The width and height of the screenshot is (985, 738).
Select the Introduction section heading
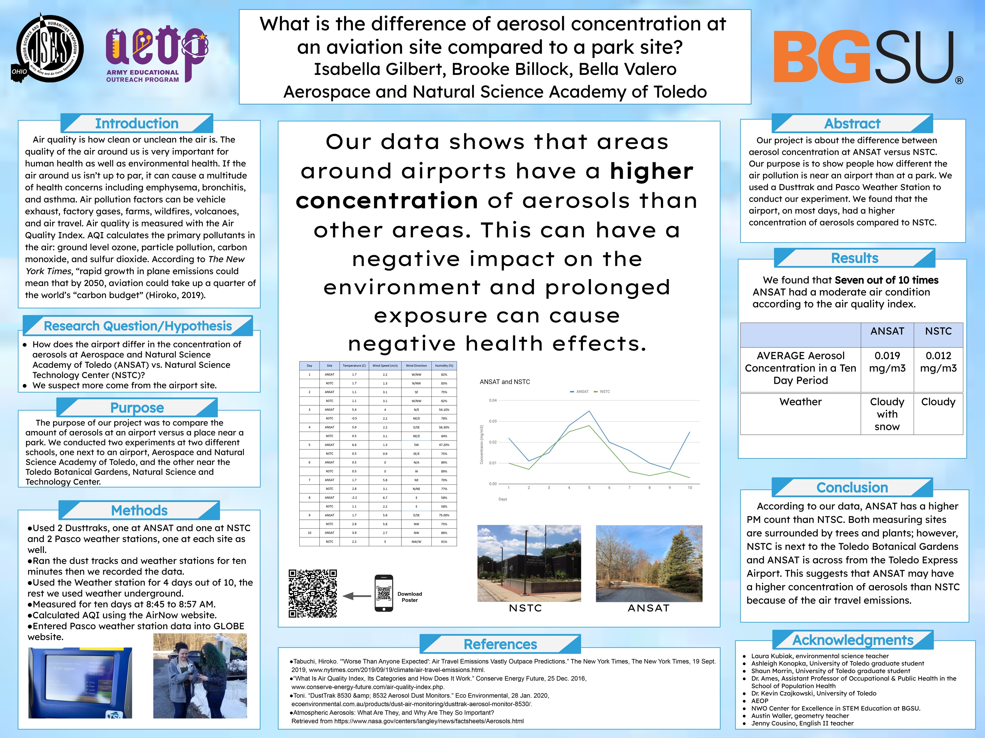click(x=137, y=123)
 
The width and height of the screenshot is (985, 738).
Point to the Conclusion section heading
click(x=852, y=487)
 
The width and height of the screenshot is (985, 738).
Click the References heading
click(x=500, y=644)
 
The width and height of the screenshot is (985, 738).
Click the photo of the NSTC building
click(x=529, y=563)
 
